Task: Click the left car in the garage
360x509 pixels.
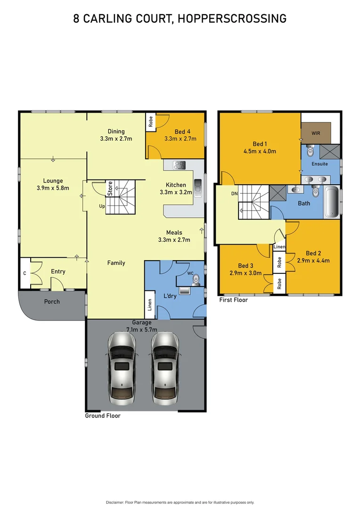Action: pos(123,367)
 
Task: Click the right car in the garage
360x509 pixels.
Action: pos(165,367)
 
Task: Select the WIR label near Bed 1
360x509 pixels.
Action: pos(316,133)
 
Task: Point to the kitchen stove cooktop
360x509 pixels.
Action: pos(180,165)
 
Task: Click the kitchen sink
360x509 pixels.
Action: pos(197,187)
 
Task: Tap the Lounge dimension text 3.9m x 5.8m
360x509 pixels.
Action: pos(53,188)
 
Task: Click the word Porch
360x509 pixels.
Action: pos(52,301)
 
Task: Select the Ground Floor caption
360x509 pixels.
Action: pos(102,416)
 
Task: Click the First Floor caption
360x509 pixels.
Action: pos(233,300)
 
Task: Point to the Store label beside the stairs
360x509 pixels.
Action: pos(110,189)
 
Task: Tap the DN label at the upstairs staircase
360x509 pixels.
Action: pos(235,193)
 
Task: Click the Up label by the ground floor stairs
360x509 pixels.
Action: pos(102,206)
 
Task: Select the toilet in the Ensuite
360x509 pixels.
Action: pos(311,151)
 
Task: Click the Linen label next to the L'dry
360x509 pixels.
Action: pos(150,305)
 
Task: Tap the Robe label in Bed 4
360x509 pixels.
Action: pos(151,122)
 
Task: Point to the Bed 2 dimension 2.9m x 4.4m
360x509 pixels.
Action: pos(313,260)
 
